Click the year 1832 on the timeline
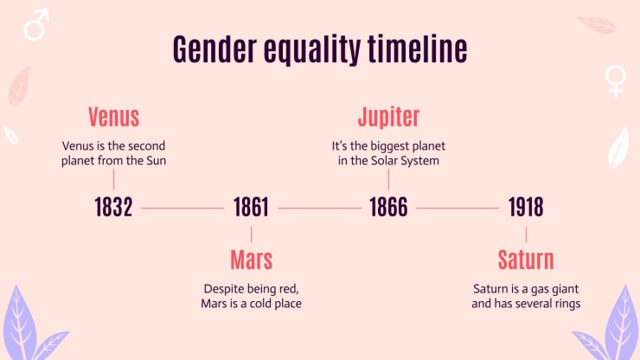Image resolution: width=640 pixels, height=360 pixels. click(x=113, y=207)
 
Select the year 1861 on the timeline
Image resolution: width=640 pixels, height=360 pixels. click(x=251, y=207)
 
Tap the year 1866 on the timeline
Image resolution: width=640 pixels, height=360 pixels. click(x=388, y=207)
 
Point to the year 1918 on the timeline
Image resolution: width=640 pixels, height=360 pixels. click(x=526, y=207)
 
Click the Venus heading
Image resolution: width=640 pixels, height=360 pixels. click(x=113, y=117)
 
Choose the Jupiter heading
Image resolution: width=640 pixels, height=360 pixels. click(x=388, y=118)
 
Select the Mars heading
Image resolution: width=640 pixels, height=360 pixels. click(x=251, y=260)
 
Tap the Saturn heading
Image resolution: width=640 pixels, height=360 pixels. click(x=526, y=260)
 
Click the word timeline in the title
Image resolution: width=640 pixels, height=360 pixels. click(x=417, y=48)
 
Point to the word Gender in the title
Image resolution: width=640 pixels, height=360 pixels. click(x=214, y=48)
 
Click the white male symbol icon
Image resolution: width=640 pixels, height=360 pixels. click(x=36, y=24)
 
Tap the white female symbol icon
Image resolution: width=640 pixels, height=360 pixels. click(x=616, y=81)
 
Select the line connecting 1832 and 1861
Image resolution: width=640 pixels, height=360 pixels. click(x=182, y=208)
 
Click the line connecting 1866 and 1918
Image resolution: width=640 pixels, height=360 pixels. click(x=458, y=208)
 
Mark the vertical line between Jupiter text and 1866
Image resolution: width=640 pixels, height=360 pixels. click(x=388, y=179)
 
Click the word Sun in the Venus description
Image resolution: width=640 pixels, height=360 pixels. click(x=157, y=161)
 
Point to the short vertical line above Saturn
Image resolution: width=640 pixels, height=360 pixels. click(x=526, y=235)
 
